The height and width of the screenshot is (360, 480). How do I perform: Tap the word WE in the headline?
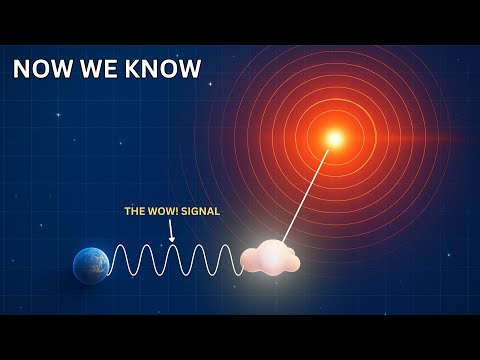pyautogui.click(x=103, y=69)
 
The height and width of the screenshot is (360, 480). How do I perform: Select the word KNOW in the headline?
pyautogui.click(x=162, y=69)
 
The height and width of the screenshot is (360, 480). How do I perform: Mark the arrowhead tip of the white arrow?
pyautogui.click(x=172, y=240)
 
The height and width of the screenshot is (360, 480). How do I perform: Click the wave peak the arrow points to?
pyautogui.click(x=172, y=247)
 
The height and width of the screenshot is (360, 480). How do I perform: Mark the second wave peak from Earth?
pyautogui.click(x=147, y=247)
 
